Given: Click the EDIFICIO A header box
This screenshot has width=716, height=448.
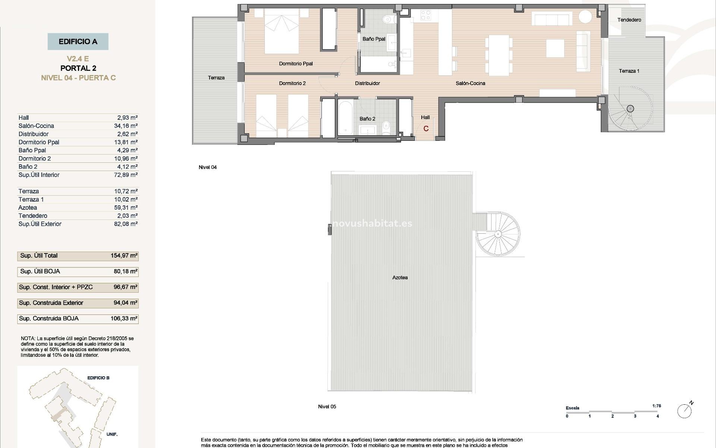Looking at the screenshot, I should coord(78,41).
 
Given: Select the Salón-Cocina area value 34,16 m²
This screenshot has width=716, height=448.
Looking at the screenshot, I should coord(126,126).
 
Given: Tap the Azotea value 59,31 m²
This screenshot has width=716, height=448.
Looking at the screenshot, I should coord(126,208).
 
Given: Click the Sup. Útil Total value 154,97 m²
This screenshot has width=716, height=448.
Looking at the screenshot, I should coord(124,256).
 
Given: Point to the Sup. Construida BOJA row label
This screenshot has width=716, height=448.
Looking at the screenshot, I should coord(49,318).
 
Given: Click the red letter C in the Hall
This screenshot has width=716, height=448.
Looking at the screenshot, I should coord(426,129).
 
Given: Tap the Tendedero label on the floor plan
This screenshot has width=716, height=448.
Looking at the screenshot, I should coord(629,20).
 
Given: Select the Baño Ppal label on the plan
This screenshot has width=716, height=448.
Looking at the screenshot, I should coord(374,39).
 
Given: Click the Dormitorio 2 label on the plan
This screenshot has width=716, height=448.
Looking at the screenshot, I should coord(292,83).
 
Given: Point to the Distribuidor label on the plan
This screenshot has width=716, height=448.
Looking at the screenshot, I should coord(367,83).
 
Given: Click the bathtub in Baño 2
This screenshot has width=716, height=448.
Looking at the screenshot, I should coord(345,118).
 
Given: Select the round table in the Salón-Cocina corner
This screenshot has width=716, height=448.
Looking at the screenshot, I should coord(585,17).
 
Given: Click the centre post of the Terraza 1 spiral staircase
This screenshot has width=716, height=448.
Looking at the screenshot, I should coord(630,109).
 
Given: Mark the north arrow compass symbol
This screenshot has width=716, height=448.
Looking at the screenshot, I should coord(685,411).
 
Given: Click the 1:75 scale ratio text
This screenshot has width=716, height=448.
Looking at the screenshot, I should coord(657,406).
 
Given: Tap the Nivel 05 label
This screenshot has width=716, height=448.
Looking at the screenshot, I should coord(327,407).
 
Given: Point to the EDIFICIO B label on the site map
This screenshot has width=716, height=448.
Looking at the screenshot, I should coord(98,378).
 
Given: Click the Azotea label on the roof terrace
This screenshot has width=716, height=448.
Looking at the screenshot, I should coord(400,278).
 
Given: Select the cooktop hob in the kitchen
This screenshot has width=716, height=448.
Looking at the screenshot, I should coord(425,16).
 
